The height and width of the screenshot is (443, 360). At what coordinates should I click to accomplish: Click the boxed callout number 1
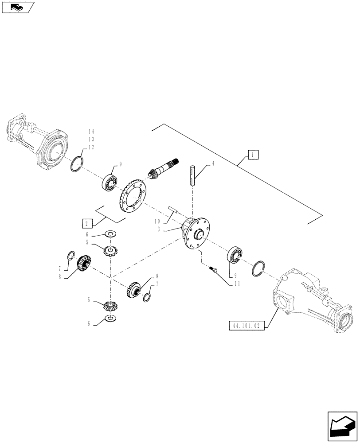pyautogui.click(x=252, y=155)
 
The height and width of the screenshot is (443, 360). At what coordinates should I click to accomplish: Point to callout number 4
pyautogui.click(x=213, y=164)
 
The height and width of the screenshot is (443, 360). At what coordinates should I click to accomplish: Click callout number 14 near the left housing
pyautogui.click(x=91, y=132)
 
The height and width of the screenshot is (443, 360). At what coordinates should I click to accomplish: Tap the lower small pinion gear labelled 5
pyautogui.click(x=110, y=305)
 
